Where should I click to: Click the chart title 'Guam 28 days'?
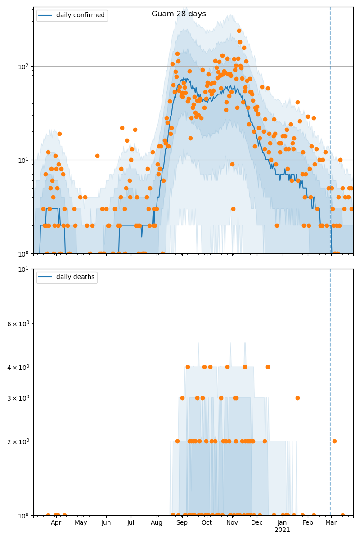point(179,14)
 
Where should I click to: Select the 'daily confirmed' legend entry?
point(80,15)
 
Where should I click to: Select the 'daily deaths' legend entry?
point(75,277)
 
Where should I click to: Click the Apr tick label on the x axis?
point(56,523)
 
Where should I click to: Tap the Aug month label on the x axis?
point(157,523)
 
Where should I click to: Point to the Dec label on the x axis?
point(257,523)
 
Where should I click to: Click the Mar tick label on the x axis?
point(331,523)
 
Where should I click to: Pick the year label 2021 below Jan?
point(282,530)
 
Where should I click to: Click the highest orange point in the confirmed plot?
point(239,31)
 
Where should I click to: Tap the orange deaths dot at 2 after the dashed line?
point(334,441)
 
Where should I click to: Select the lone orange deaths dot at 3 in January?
point(297,398)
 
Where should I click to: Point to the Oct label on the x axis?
point(207,523)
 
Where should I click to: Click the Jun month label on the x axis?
point(106,523)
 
